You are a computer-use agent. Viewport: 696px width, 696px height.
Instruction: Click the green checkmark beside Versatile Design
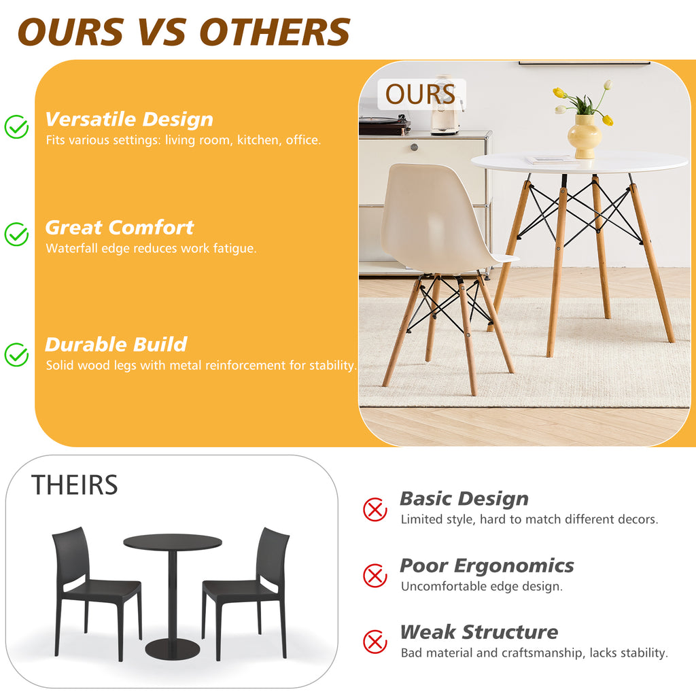pyautogui.click(x=16, y=126)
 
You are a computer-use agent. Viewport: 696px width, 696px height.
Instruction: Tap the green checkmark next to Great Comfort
pyautogui.click(x=16, y=234)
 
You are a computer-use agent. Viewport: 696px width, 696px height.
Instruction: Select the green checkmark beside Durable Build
pyautogui.click(x=16, y=354)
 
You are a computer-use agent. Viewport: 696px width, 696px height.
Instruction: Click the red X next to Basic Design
pyautogui.click(x=375, y=509)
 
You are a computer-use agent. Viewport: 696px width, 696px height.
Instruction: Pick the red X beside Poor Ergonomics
pyautogui.click(x=375, y=576)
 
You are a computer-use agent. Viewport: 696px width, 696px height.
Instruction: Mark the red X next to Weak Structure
pyautogui.click(x=375, y=642)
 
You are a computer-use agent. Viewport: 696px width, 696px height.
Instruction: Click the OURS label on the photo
pyautogui.click(x=421, y=94)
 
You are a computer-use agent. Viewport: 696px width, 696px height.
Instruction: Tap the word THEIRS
pyautogui.click(x=74, y=485)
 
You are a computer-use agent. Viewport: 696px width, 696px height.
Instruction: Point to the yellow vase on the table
pyautogui.click(x=585, y=136)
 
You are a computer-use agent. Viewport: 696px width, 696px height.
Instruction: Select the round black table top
pyautogui.click(x=173, y=542)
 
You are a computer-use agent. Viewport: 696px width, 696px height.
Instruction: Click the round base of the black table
pyautogui.click(x=173, y=649)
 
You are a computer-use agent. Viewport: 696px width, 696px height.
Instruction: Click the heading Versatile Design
pyautogui.click(x=129, y=120)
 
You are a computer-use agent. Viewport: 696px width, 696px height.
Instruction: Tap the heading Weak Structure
pyautogui.click(x=478, y=632)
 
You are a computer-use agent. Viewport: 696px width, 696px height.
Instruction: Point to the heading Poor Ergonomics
pyautogui.click(x=487, y=565)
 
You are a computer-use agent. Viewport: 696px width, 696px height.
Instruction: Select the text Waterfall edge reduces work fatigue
pyautogui.click(x=151, y=249)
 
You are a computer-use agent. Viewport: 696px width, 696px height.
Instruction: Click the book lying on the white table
pyautogui.click(x=551, y=160)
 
